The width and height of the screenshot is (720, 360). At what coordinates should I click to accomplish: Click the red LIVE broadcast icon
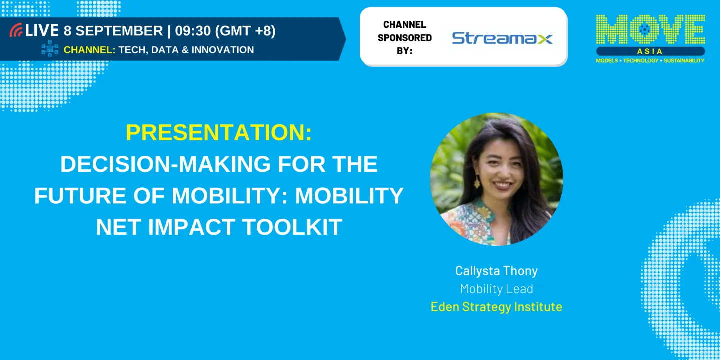click(16, 30)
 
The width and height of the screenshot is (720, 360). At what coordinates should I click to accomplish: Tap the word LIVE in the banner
click(42, 30)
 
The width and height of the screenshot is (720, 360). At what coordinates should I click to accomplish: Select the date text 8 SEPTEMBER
click(113, 31)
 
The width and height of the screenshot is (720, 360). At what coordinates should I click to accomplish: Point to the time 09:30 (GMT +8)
click(225, 31)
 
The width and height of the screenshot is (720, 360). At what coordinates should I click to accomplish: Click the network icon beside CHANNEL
click(50, 49)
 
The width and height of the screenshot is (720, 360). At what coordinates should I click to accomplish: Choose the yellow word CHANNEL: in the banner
click(90, 50)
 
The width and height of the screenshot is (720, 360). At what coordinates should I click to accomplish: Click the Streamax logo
click(502, 38)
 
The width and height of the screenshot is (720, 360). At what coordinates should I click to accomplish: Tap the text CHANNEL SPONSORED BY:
click(404, 37)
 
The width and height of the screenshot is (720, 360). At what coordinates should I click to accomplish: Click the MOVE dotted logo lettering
click(650, 30)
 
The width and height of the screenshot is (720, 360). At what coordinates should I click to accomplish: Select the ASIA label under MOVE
click(650, 51)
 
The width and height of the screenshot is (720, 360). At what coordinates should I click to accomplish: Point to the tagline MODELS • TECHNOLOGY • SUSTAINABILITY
click(650, 61)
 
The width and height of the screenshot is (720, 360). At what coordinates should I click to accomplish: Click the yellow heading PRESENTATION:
click(219, 133)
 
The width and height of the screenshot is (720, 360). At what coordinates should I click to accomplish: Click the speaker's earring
click(477, 182)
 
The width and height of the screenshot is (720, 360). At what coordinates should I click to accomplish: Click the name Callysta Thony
click(496, 271)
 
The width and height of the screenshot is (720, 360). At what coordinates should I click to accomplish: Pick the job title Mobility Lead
click(496, 289)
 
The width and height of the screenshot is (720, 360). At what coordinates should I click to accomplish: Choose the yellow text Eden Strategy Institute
click(496, 306)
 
